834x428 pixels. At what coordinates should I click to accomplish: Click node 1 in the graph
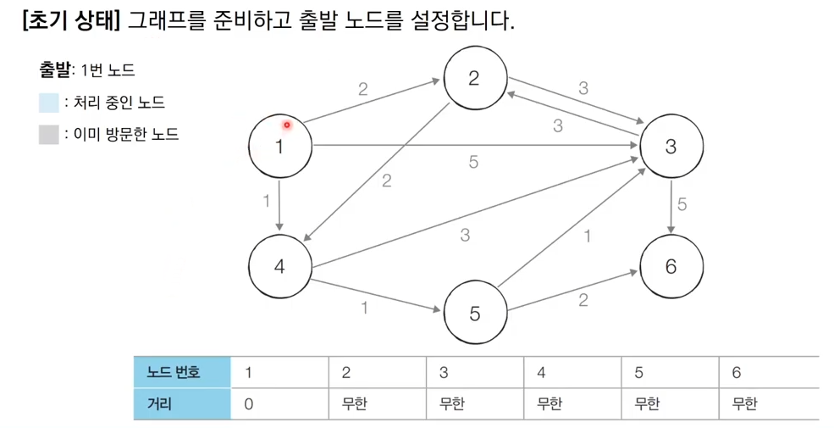[x=280, y=146]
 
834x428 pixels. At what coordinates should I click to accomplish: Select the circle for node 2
[x=474, y=78]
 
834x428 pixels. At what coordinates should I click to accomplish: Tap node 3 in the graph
[x=671, y=146]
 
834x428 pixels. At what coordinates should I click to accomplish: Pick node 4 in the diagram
[x=280, y=265]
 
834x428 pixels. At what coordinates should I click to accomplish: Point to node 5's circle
[x=474, y=313]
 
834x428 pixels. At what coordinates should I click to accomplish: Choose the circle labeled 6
[x=671, y=265]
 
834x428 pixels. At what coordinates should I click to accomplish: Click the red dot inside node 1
[x=287, y=125]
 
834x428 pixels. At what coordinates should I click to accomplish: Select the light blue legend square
[x=48, y=103]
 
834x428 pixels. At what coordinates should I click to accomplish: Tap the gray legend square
[x=48, y=134]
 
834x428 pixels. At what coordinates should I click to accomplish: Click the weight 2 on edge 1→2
[x=363, y=88]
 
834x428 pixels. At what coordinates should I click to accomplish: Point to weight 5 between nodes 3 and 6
[x=682, y=204]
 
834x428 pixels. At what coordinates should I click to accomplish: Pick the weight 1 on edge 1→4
[x=267, y=202]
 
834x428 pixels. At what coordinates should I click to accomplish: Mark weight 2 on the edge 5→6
[x=583, y=300]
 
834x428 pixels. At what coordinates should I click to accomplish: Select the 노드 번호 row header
[x=181, y=372]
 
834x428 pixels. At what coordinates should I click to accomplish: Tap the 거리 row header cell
[x=181, y=404]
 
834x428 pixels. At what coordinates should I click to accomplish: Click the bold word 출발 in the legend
[x=56, y=70]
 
